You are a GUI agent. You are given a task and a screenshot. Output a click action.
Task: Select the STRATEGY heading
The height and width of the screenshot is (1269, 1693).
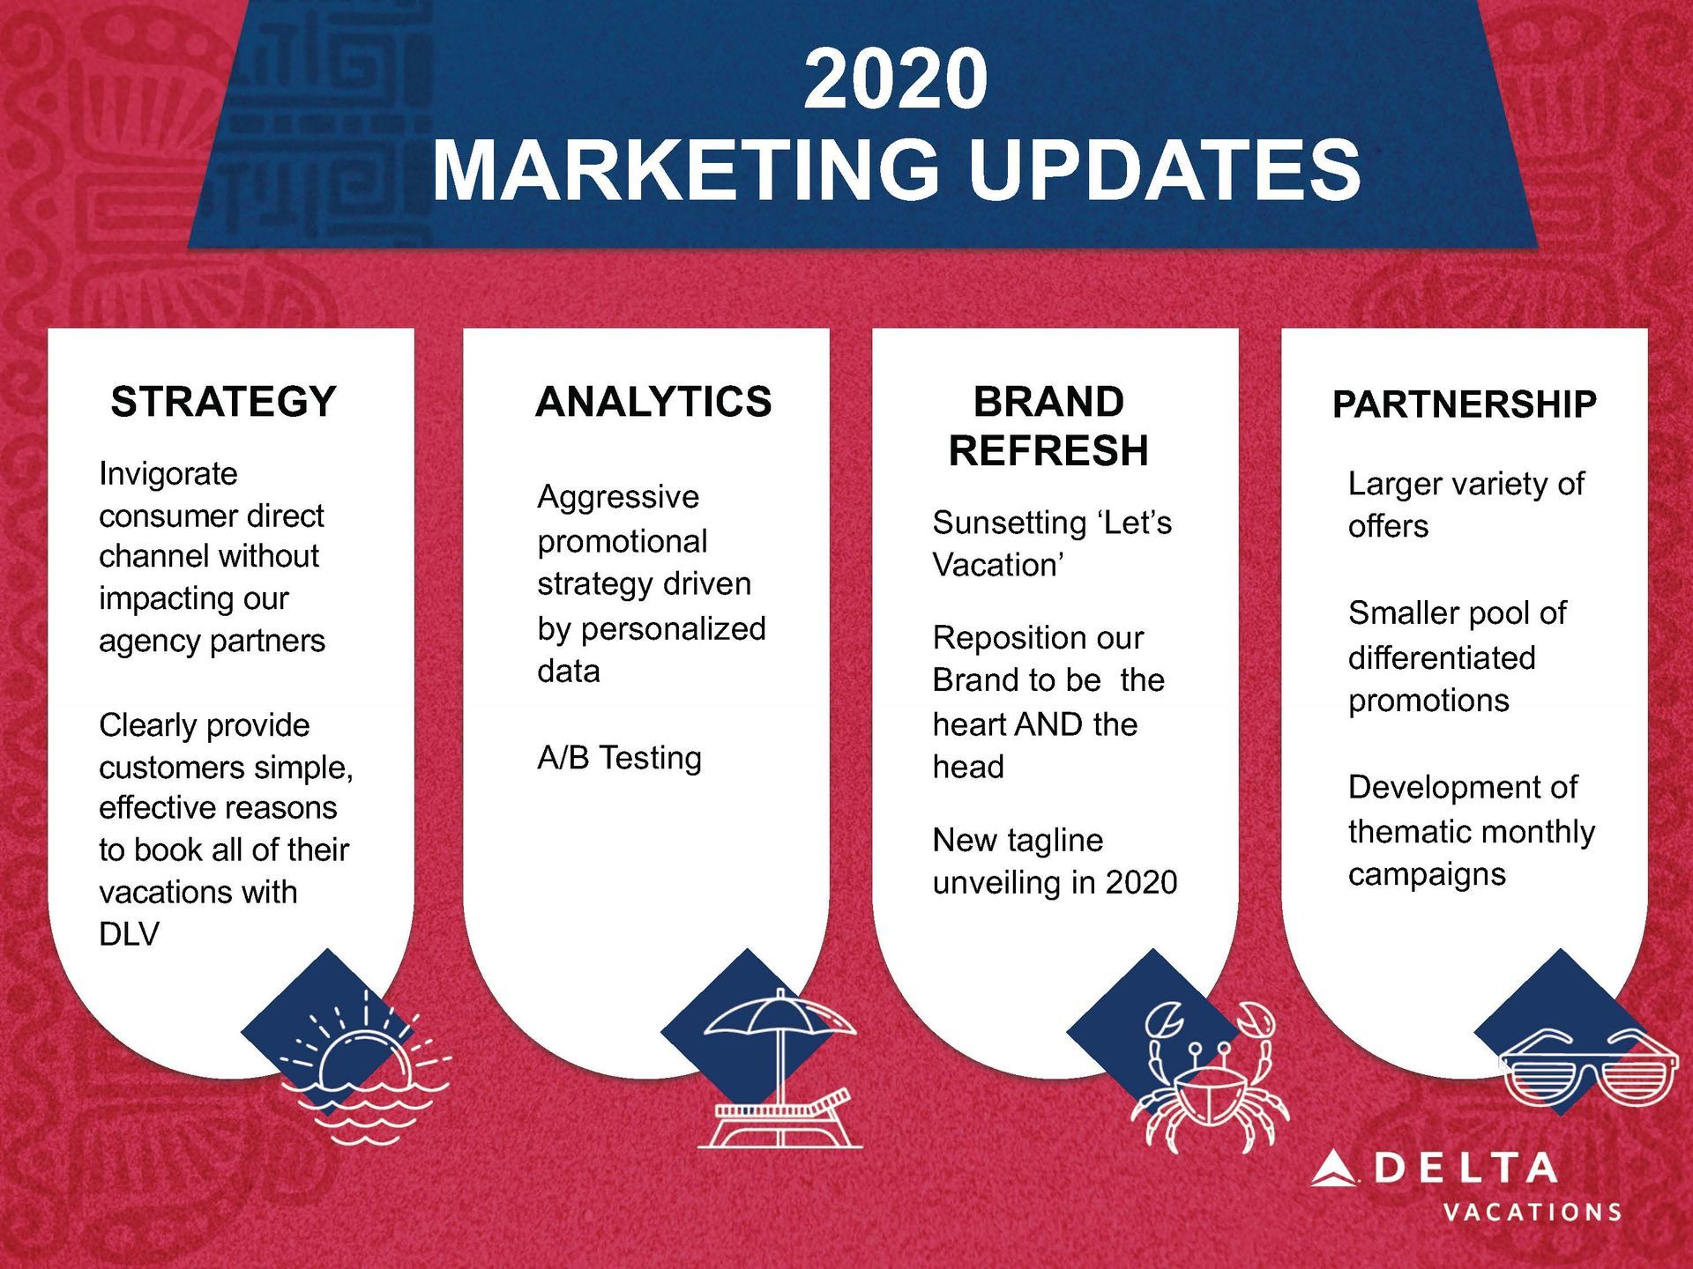[x=224, y=402]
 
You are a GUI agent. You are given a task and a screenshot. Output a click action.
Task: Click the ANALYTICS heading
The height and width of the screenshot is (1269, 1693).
[x=653, y=402]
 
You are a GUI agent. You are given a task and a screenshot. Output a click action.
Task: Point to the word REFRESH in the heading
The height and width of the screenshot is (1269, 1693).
[x=1048, y=450]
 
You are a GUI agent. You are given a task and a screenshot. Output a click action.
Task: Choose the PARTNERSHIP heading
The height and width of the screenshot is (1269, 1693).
[x=1464, y=404]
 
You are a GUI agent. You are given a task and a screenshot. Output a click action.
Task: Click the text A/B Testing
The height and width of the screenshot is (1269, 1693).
[x=619, y=758]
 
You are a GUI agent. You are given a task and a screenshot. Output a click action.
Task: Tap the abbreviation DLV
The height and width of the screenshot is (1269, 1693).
[x=129, y=934]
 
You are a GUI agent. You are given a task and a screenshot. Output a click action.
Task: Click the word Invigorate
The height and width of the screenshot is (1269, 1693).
[x=168, y=474]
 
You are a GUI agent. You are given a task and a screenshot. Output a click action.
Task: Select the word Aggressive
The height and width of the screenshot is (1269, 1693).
[x=618, y=497]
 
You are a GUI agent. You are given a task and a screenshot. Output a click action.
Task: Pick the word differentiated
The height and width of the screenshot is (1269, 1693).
[x=1442, y=657]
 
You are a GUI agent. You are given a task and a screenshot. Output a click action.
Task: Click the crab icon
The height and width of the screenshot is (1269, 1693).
[x=1208, y=1077]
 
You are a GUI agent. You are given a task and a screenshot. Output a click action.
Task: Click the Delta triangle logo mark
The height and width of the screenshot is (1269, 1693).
[x=1333, y=1169]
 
